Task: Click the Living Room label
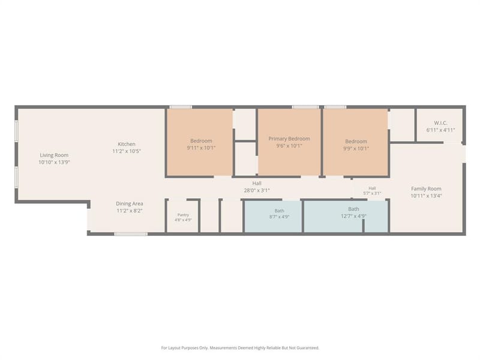[54, 155]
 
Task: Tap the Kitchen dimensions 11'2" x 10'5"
[127, 151]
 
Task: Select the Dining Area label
[129, 203]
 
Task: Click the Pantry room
[183, 216]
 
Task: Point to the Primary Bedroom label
[289, 139]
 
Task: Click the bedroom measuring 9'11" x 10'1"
[200, 143]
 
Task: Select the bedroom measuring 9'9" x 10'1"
[356, 143]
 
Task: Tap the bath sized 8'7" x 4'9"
[273, 216]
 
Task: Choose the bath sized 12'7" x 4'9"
[346, 216]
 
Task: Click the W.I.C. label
[440, 123]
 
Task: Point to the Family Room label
[426, 188]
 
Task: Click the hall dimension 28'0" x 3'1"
[257, 190]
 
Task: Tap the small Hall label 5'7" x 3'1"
[372, 191]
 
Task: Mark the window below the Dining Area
[131, 234]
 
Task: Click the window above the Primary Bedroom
[305, 107]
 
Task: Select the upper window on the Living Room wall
[17, 131]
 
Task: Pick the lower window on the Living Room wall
[17, 177]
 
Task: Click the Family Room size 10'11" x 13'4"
[426, 196]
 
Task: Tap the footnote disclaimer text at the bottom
[240, 348]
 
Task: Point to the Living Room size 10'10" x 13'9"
[54, 162]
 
